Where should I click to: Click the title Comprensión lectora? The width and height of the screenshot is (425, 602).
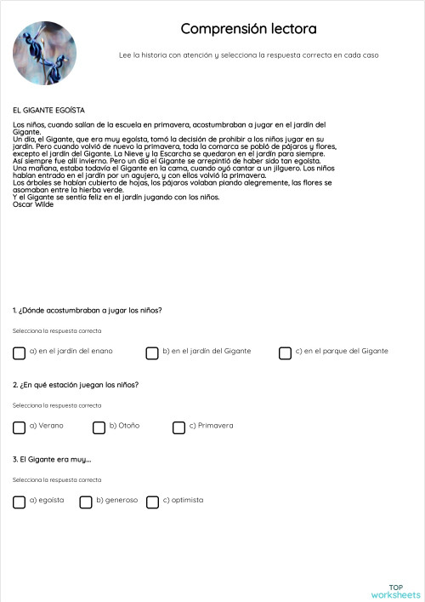pyautogui.click(x=248, y=29)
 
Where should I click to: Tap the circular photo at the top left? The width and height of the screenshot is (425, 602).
pyautogui.click(x=44, y=53)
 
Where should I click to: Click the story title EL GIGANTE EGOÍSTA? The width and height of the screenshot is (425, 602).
pyautogui.click(x=48, y=110)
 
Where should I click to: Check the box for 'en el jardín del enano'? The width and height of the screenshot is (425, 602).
pyautogui.click(x=19, y=353)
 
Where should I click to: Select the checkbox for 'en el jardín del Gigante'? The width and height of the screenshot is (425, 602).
pyautogui.click(x=152, y=353)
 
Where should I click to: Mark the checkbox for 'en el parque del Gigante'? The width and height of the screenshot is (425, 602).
pyautogui.click(x=285, y=353)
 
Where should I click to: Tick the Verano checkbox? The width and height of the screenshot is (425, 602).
pyautogui.click(x=19, y=427)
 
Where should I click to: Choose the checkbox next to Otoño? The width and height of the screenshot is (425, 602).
pyautogui.click(x=99, y=427)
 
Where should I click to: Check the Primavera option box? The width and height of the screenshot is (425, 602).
pyautogui.click(x=178, y=427)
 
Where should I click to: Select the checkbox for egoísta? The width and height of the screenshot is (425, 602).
pyautogui.click(x=19, y=502)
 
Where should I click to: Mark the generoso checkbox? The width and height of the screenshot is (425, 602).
pyautogui.click(x=86, y=502)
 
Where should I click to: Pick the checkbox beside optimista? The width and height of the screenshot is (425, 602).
pyautogui.click(x=152, y=502)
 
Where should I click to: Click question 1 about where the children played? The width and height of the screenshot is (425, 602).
pyautogui.click(x=87, y=310)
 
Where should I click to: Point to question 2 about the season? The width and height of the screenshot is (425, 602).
pyautogui.click(x=76, y=385)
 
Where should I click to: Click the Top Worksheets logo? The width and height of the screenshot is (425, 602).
pyautogui.click(x=395, y=591)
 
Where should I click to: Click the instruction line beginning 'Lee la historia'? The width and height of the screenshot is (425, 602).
pyautogui.click(x=248, y=55)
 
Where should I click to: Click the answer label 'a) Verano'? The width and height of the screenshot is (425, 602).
pyautogui.click(x=46, y=426)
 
